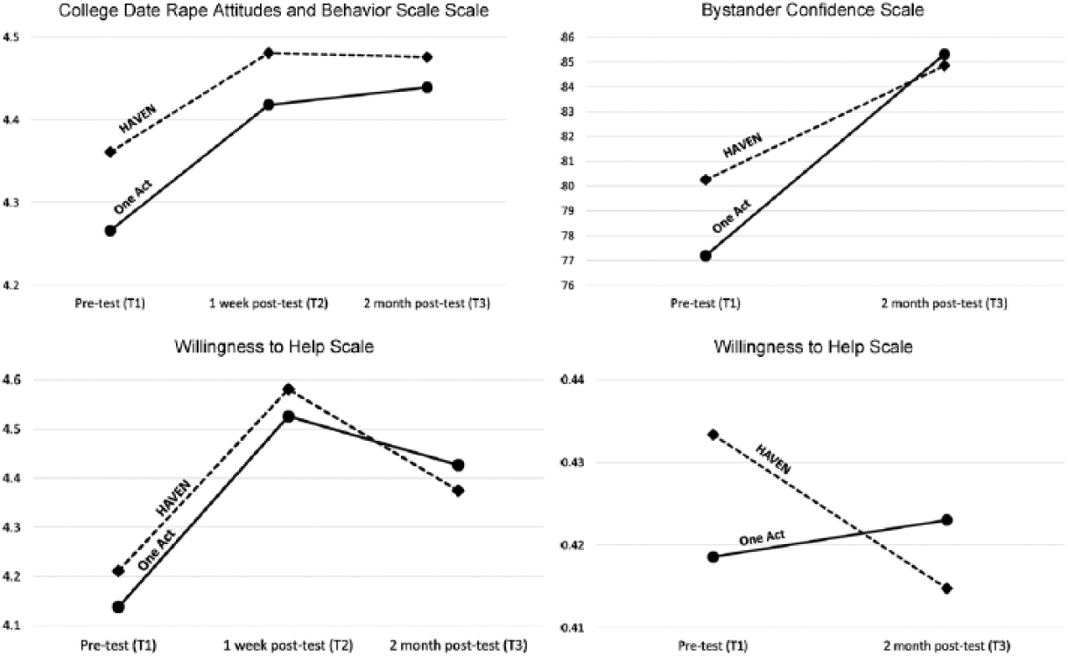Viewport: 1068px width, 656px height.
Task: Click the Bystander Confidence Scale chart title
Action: pos(812,10)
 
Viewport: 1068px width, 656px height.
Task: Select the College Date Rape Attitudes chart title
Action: pos(274,10)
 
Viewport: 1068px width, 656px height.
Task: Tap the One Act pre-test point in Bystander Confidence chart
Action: pos(706,255)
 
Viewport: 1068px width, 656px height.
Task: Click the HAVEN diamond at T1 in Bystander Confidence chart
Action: pos(706,179)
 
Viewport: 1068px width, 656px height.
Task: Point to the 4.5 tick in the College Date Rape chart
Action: pos(11,37)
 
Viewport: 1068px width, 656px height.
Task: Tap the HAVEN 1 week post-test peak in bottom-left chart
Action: pos(289,390)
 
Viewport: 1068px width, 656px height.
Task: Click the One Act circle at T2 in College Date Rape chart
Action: pos(269,105)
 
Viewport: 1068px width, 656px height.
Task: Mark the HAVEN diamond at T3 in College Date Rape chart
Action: pos(427,57)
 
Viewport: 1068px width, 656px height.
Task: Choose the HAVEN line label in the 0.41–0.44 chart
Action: pos(773,459)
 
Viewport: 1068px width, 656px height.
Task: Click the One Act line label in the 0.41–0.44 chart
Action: pos(762,538)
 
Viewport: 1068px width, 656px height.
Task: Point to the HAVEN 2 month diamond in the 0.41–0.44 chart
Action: pos(947,589)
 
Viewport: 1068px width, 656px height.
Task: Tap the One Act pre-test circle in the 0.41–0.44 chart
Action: pos(713,557)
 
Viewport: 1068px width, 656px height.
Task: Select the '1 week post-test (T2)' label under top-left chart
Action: pos(269,304)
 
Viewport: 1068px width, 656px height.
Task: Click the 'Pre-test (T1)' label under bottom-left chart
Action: pos(118,646)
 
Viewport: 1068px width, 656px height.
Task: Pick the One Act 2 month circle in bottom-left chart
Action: pos(458,465)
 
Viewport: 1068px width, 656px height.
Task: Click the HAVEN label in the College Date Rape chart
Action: pos(137,119)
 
